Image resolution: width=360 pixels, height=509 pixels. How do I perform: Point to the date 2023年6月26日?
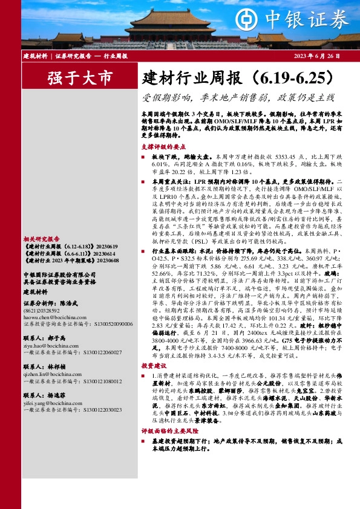[x=317, y=56]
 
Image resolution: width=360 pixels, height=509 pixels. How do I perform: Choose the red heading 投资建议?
[x=152, y=366]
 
